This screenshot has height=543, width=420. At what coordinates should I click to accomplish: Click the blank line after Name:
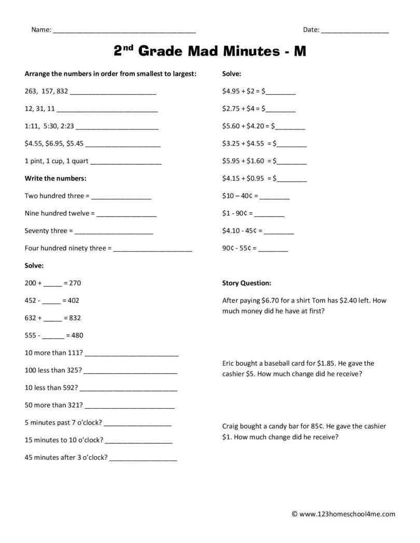124,31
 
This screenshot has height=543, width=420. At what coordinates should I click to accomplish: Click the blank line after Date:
355,31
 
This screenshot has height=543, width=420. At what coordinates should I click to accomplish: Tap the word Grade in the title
165,51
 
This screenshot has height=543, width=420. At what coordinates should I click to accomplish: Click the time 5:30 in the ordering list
51,126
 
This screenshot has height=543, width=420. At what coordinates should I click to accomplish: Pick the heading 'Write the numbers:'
55,178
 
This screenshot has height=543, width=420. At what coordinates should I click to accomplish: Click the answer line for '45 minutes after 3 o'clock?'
143,459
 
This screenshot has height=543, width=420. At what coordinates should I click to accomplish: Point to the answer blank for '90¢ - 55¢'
273,249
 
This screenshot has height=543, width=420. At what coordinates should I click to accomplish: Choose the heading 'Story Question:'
246,283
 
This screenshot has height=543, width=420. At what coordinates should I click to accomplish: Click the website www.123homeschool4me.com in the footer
347,515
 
